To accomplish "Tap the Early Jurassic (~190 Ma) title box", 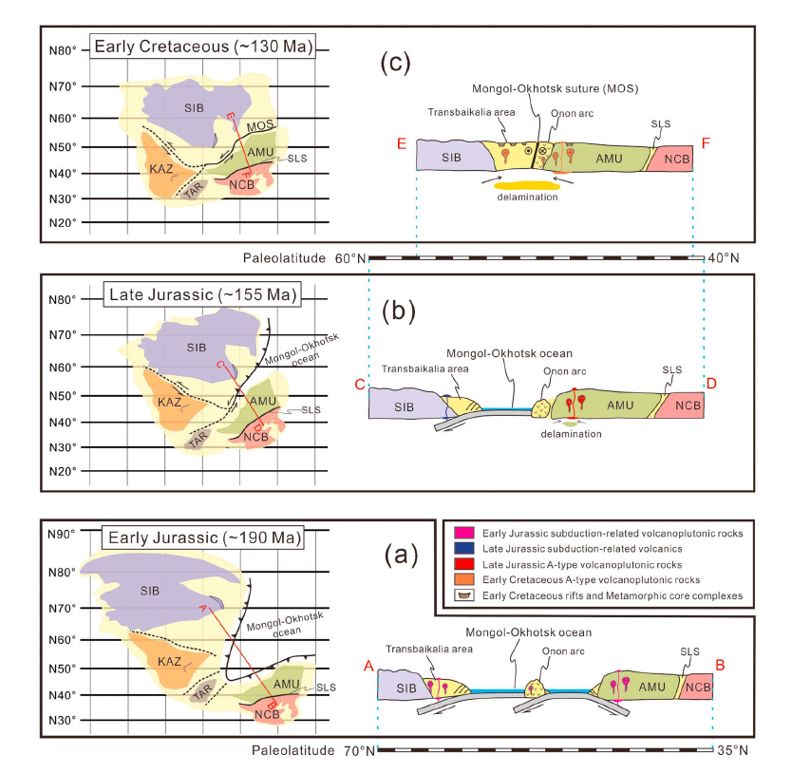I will coord(203,538).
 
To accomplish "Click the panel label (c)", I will coord(394,64).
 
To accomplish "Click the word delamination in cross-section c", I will coord(525,198).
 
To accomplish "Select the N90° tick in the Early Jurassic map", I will coord(64,535).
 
